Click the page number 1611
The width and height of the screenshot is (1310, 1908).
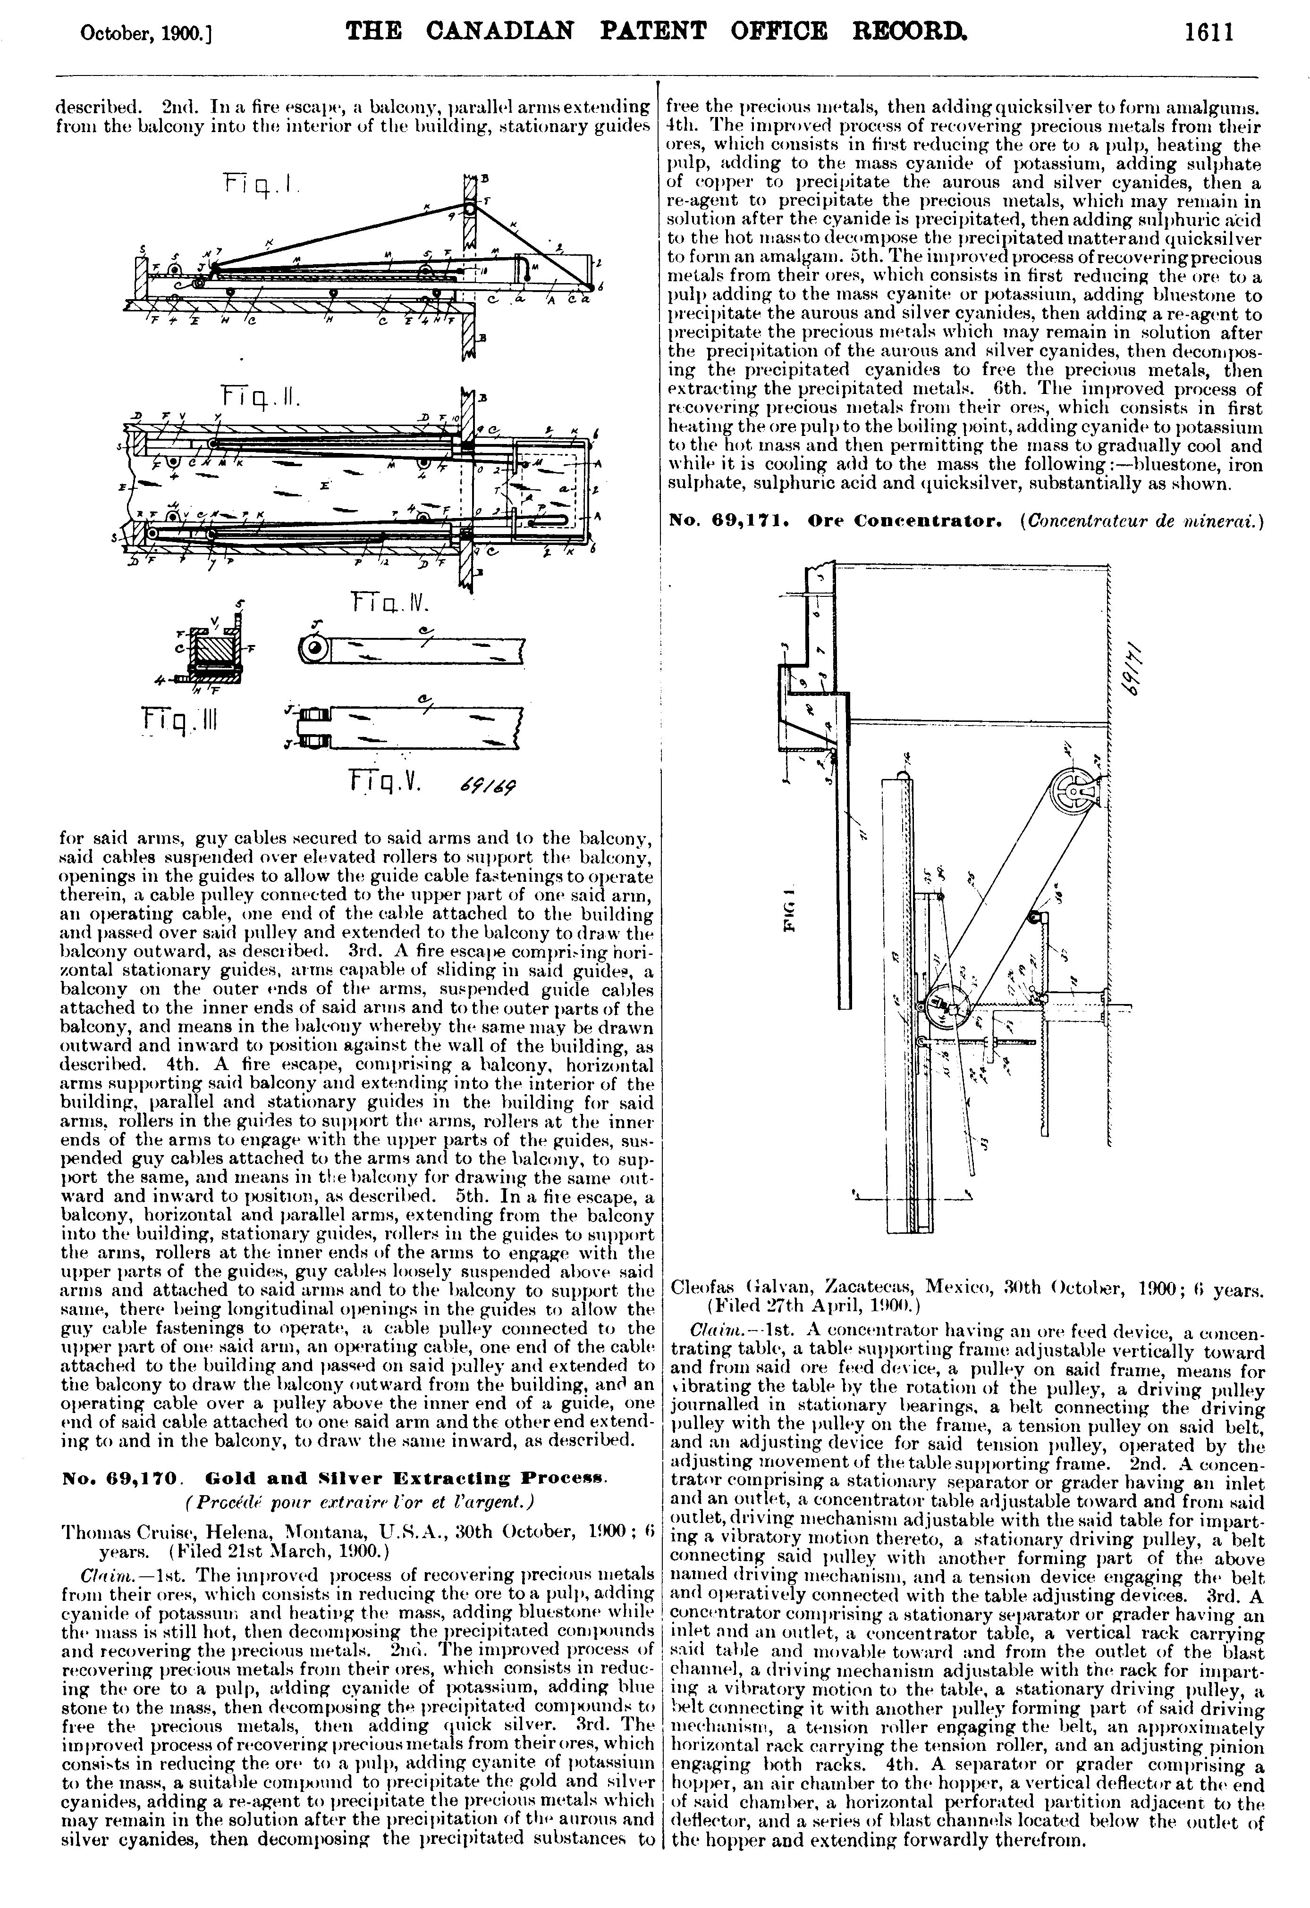1209,33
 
